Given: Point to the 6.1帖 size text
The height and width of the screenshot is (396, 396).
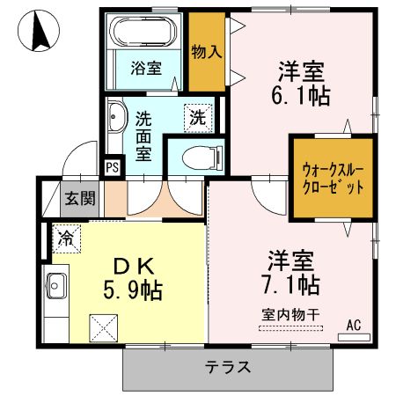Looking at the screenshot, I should [x=304, y=95].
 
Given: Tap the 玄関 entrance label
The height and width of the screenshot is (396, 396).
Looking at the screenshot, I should [x=78, y=198].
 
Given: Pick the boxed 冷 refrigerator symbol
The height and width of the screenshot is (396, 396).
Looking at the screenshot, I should [x=65, y=236].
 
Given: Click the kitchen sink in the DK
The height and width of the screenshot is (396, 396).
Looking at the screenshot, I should [x=55, y=286].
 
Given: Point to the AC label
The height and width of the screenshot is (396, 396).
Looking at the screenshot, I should [x=354, y=324].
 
